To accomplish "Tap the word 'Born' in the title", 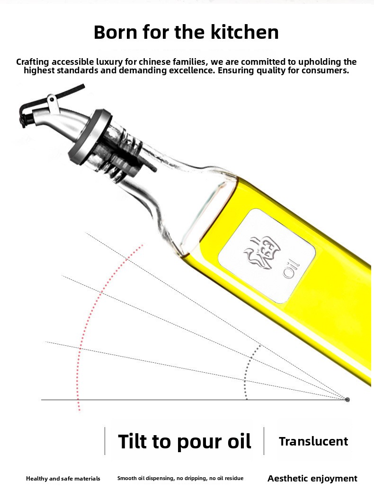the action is tap(116, 32).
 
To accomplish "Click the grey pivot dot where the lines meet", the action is tap(347, 399).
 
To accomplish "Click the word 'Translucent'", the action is tap(313, 441).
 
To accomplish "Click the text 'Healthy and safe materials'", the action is tap(63, 479).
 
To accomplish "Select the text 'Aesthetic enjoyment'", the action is tap(312, 479).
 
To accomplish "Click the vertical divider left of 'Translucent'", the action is tap(264, 441).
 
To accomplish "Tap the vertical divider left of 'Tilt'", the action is tap(105, 441).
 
